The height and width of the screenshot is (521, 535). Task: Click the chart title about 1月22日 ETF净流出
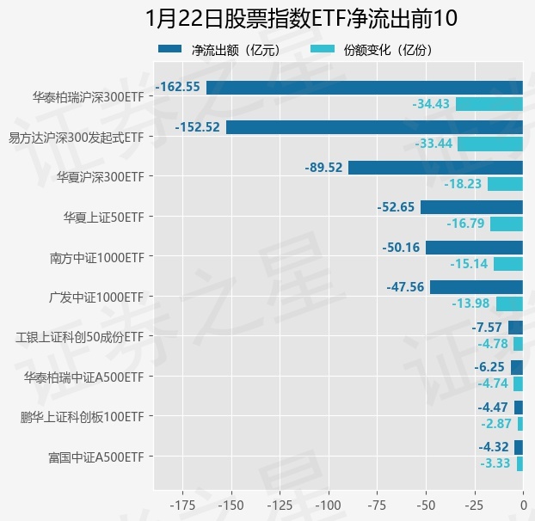click(301, 18)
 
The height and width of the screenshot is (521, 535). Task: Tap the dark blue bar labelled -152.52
click(374, 127)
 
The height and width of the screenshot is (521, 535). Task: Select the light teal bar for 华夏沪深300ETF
click(505, 184)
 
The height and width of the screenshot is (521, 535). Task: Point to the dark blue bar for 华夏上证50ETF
click(471, 207)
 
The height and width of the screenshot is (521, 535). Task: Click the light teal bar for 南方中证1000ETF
click(508, 264)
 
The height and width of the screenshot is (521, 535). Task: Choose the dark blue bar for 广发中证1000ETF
click(477, 287)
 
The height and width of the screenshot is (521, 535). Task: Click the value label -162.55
click(178, 87)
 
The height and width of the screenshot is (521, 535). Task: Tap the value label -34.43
click(432, 104)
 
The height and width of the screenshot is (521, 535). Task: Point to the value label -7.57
click(487, 328)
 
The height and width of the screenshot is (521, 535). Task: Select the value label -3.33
click(495, 463)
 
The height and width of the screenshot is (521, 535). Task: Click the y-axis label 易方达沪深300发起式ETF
click(76, 137)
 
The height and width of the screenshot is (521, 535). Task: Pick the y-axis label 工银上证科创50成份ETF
click(80, 336)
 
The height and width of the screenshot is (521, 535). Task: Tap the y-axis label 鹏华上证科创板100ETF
click(82, 417)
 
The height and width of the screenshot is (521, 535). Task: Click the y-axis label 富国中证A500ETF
click(95, 457)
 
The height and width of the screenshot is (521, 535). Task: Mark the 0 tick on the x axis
click(523, 503)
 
